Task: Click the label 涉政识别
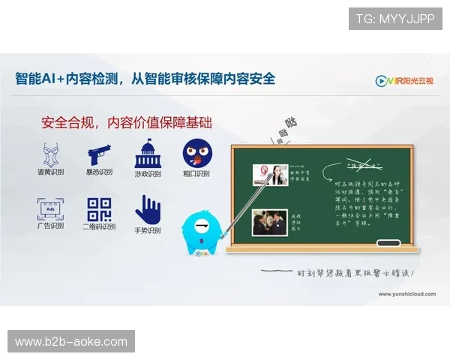[x=148, y=174]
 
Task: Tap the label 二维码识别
[x=99, y=226]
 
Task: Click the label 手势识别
[x=147, y=230]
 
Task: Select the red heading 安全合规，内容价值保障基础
[x=127, y=122]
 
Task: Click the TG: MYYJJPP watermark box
[x=395, y=18]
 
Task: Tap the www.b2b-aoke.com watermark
[x=72, y=342]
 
